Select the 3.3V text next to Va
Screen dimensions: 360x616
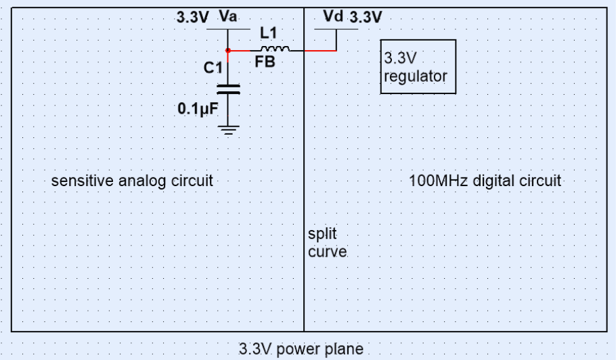[x=193, y=18]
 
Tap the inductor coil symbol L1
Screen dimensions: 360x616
[x=276, y=49]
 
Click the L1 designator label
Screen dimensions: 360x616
[x=269, y=33]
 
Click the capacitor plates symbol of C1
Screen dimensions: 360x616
[x=228, y=88]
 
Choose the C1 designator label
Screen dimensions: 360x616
[x=213, y=68]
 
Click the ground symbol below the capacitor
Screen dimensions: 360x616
[x=229, y=131]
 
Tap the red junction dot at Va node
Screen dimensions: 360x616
[x=228, y=51]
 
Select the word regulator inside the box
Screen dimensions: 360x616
[x=415, y=76]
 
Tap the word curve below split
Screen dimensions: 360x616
[x=328, y=252]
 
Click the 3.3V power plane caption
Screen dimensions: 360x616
[x=301, y=349]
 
